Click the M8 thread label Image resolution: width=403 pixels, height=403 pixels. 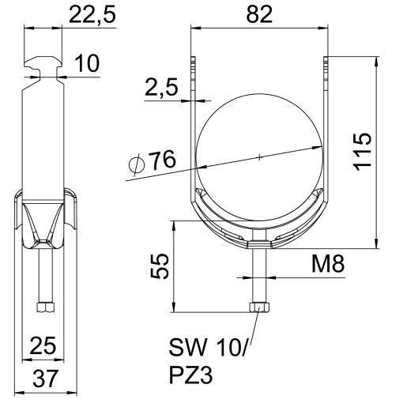[326, 264]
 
